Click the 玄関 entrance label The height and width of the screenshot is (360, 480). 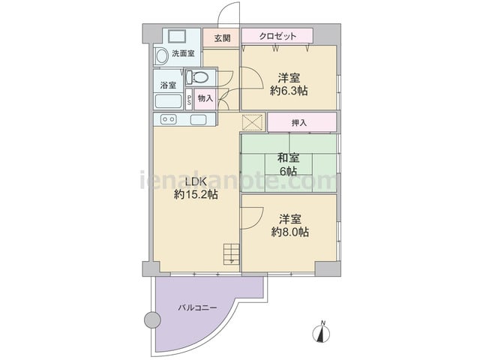point(222,38)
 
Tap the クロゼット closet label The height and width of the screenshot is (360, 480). point(277,36)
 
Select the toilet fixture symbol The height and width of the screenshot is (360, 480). point(197,76)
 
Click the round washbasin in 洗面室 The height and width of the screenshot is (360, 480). point(161,57)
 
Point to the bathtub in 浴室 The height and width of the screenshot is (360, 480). point(168,101)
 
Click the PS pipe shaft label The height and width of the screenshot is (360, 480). point(189,100)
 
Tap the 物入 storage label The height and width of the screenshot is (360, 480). point(205,98)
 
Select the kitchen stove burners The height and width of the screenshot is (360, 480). point(169,119)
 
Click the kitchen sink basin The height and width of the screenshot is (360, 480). point(198,119)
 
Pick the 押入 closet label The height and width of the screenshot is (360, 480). point(299,123)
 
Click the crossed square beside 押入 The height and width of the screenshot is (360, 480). point(253,122)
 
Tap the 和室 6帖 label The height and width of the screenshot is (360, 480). point(288,164)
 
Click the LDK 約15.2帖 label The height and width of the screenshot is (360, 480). point(196,188)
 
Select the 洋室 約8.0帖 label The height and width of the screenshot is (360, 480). point(290,226)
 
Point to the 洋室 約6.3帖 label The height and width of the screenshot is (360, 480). point(289,84)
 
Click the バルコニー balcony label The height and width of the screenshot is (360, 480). point(197,307)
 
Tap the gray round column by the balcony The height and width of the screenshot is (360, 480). point(152,320)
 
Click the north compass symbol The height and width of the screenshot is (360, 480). point(321,331)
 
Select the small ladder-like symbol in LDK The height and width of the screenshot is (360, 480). point(231,254)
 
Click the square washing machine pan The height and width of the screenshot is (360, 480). point(177,37)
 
